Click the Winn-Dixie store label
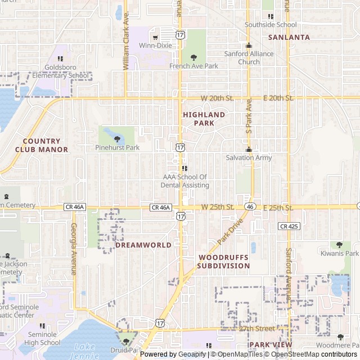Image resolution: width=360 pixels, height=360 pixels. coord(155,46)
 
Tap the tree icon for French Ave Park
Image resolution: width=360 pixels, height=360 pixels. coord(194,57)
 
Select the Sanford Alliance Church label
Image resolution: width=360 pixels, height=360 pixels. coord(249,58)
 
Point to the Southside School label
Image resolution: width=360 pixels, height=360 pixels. coord(271,25)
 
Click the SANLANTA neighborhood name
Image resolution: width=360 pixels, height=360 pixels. coord(289,37)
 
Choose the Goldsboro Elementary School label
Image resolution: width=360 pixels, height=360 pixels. coord(60,71)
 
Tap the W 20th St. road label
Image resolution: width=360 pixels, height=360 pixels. coord(217,98)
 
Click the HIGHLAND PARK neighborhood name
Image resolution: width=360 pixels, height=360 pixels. coord(204,119)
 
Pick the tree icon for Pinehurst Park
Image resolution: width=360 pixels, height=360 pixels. coord(117,139)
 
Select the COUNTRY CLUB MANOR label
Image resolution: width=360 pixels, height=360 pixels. coord(42,146)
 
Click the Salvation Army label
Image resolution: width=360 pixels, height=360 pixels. coord(249,157)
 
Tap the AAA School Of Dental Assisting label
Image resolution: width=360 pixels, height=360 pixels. coord(184,181)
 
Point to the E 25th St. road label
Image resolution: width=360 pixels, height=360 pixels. coord(278,208)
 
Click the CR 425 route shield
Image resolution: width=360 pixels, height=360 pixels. coord(289,226)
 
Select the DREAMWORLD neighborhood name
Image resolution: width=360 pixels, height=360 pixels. coord(143,245)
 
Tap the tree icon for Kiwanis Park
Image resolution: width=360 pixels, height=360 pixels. coord(339,245)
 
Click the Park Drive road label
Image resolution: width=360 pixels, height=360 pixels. coord(229,231)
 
